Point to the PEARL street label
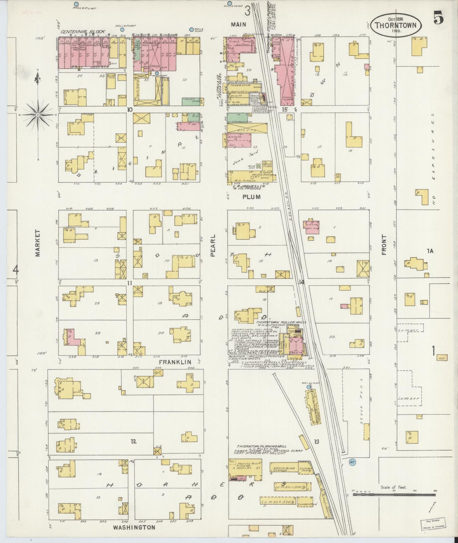pos(213,246)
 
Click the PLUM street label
pos(251,197)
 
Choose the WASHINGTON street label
pos(134,527)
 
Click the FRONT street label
pos(384,245)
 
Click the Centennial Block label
pos(83,32)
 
